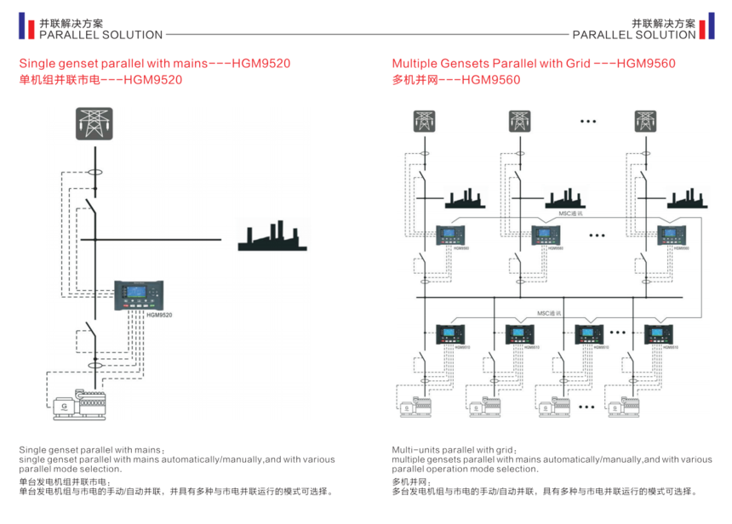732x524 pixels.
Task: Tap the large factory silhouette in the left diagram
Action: [271, 237]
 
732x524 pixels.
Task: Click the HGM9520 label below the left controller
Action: [159, 316]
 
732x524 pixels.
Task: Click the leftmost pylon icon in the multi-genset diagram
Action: [424, 122]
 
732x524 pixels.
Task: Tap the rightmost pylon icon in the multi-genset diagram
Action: [647, 122]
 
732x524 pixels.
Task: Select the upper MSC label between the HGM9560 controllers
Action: [570, 214]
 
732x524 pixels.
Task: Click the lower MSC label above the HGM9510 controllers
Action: [549, 313]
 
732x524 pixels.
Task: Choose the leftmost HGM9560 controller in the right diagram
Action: [450, 236]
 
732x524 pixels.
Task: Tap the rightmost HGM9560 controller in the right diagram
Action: [672, 236]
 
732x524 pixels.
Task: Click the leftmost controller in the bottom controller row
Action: [450, 334]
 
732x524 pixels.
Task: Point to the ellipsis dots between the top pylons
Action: [588, 121]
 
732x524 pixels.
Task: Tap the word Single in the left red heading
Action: [35, 64]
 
